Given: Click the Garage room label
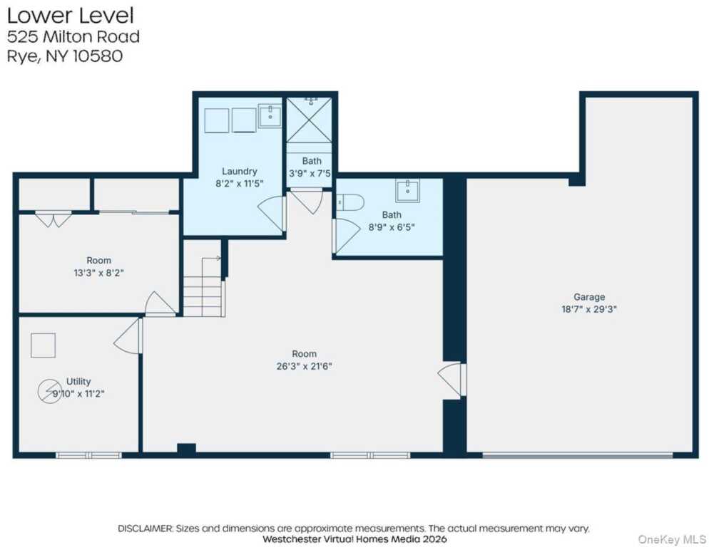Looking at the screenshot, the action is click(x=589, y=297).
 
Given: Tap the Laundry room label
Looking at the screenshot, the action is click(x=239, y=171).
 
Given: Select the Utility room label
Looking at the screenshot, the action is click(x=78, y=381).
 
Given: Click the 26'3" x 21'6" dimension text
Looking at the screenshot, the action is click(x=304, y=366).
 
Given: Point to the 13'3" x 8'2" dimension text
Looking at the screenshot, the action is click(x=98, y=273).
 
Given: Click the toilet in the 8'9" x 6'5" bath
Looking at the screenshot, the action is click(x=350, y=202).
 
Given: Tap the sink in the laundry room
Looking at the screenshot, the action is click(x=270, y=115).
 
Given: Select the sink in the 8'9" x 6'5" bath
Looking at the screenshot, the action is click(x=407, y=190).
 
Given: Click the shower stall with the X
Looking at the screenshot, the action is click(x=310, y=120).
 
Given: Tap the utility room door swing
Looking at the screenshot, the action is click(x=128, y=336).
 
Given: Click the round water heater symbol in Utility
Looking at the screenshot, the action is click(x=49, y=391).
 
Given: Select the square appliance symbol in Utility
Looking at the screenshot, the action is click(x=44, y=345).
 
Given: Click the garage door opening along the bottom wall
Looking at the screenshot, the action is click(x=578, y=455).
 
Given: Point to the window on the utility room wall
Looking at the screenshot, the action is click(x=88, y=455).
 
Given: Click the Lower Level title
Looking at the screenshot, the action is click(x=71, y=16).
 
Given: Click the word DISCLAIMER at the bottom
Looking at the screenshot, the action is click(x=145, y=528).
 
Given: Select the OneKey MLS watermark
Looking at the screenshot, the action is click(x=672, y=539).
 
